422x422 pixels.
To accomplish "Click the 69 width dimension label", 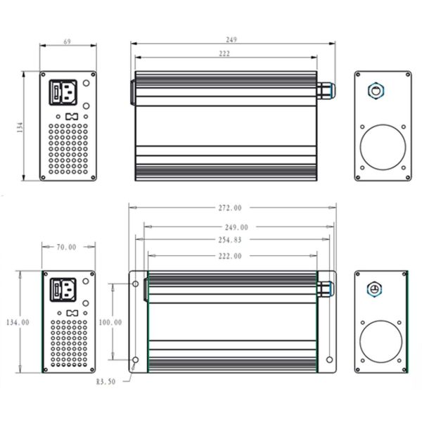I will click(67, 42).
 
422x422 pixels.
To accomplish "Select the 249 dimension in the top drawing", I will click(231, 39).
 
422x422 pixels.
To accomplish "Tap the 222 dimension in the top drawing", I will click(224, 54).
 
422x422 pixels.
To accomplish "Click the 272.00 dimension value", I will click(231, 207).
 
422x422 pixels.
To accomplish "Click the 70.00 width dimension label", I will click(67, 247).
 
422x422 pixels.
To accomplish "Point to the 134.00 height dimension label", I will click(17, 322).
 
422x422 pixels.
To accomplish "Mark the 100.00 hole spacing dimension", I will click(110, 322).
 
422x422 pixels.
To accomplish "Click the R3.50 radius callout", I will click(106, 383).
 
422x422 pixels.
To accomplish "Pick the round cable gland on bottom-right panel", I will click(374, 290).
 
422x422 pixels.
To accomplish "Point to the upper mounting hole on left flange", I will click(135, 285).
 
